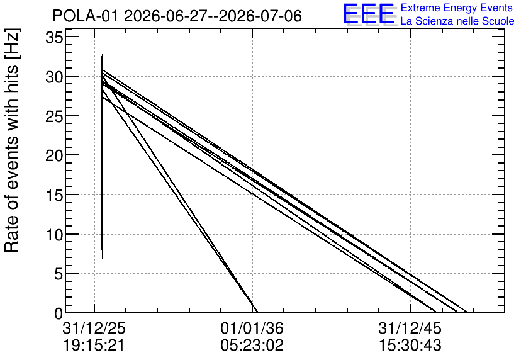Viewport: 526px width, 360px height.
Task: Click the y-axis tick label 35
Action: (54, 38)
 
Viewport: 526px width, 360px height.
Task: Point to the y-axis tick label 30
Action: (54, 77)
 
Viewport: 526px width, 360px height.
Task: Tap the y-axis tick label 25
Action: (54, 116)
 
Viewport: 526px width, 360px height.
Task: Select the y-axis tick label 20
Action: (54, 155)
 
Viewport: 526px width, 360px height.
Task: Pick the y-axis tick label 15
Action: (54, 195)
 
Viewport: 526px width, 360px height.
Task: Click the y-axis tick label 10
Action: (54, 235)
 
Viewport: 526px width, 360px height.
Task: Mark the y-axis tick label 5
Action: (59, 274)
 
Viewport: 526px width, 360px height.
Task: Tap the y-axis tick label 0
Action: (59, 313)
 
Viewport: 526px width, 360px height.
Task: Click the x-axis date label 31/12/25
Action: (94, 328)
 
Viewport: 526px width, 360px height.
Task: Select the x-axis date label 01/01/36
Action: (252, 328)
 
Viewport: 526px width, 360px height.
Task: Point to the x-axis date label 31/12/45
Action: (410, 328)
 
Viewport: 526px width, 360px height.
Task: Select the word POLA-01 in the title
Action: (85, 16)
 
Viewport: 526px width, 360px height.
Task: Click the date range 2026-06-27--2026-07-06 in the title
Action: (213, 16)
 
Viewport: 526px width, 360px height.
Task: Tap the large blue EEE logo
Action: (368, 14)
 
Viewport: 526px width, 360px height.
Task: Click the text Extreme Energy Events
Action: (457, 8)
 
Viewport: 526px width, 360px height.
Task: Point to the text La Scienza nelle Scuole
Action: (457, 21)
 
